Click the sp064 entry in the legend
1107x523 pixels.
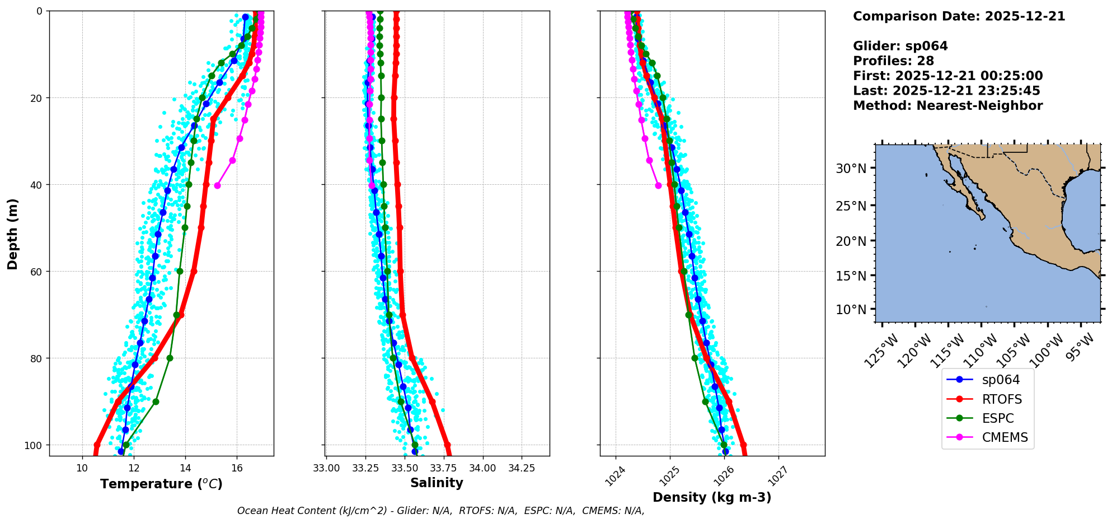[x=1000, y=380]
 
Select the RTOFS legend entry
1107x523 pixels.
[x=1001, y=399]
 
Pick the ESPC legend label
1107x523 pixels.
[x=997, y=418]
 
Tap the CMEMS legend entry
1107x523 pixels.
[x=1005, y=437]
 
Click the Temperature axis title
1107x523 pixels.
[x=161, y=484]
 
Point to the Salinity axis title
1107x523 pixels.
[x=437, y=483]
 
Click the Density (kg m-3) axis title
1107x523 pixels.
[x=712, y=497]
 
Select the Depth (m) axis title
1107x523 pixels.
[x=12, y=234]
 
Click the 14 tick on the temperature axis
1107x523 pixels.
[x=185, y=468]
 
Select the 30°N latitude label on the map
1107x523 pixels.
[x=851, y=169]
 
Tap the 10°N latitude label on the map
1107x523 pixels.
[x=851, y=310]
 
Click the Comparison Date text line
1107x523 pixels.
[x=959, y=16]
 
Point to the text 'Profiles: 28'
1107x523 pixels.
[x=893, y=61]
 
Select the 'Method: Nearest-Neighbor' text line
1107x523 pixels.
[x=947, y=106]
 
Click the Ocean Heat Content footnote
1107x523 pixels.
[x=440, y=511]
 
